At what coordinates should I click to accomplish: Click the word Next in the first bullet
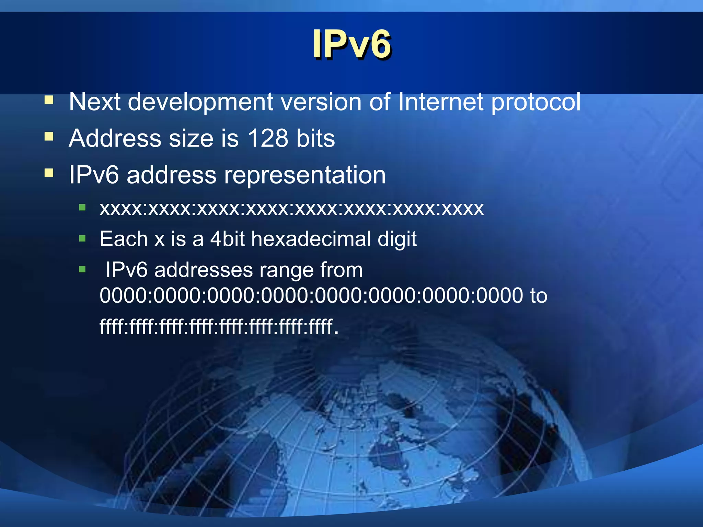pos(95,102)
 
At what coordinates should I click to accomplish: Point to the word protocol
pos(536,103)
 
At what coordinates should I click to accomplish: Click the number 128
pos(268,138)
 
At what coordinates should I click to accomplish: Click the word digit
pos(397,239)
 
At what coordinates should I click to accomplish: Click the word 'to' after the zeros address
pos(539,295)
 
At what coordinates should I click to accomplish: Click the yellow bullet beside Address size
pos(49,137)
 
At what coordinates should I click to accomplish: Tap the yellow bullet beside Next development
pos(49,100)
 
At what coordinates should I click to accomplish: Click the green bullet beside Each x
pos(82,238)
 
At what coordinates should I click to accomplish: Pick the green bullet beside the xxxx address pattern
pos(82,207)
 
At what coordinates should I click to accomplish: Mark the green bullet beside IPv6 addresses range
pos(82,269)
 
